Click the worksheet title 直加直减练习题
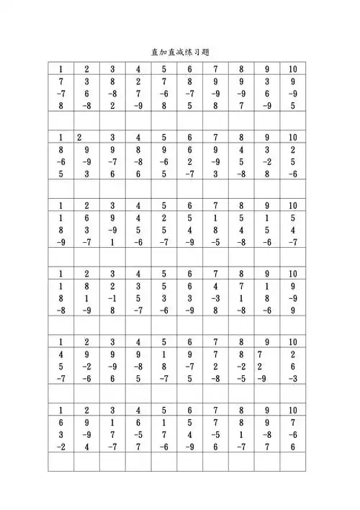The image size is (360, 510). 180,53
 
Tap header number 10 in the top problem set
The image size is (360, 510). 292,69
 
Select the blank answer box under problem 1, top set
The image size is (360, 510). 61,120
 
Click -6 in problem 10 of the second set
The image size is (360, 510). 292,174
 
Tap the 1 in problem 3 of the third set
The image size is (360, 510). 112,242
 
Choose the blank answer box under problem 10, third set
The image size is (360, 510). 292,256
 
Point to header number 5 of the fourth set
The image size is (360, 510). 163,274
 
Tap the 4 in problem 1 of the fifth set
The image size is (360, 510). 61,354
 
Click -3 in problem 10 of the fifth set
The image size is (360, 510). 292,378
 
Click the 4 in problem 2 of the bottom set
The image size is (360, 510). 87,446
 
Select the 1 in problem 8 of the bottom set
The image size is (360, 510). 240,434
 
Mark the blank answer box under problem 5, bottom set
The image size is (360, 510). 163,461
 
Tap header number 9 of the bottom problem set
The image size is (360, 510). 266,410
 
